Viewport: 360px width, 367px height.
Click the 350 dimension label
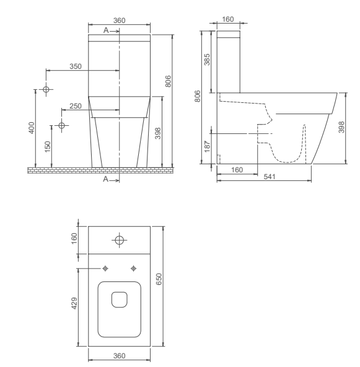coord(75,66)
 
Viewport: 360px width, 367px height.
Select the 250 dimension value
coord(76,106)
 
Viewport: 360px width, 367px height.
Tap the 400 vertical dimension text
coord(32,128)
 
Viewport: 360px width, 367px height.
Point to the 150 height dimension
coord(48,146)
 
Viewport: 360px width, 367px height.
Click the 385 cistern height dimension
coord(208,60)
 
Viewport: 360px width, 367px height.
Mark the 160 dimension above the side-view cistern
coord(227,20)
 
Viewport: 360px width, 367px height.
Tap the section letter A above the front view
coord(105,30)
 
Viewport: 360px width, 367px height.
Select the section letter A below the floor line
coord(105,179)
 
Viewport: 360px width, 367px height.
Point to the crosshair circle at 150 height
coord(61,126)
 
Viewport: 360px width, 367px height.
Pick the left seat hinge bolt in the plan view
coord(105,268)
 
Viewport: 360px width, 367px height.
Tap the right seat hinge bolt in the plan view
coord(133,268)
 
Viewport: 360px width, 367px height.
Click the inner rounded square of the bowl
coord(119,300)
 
